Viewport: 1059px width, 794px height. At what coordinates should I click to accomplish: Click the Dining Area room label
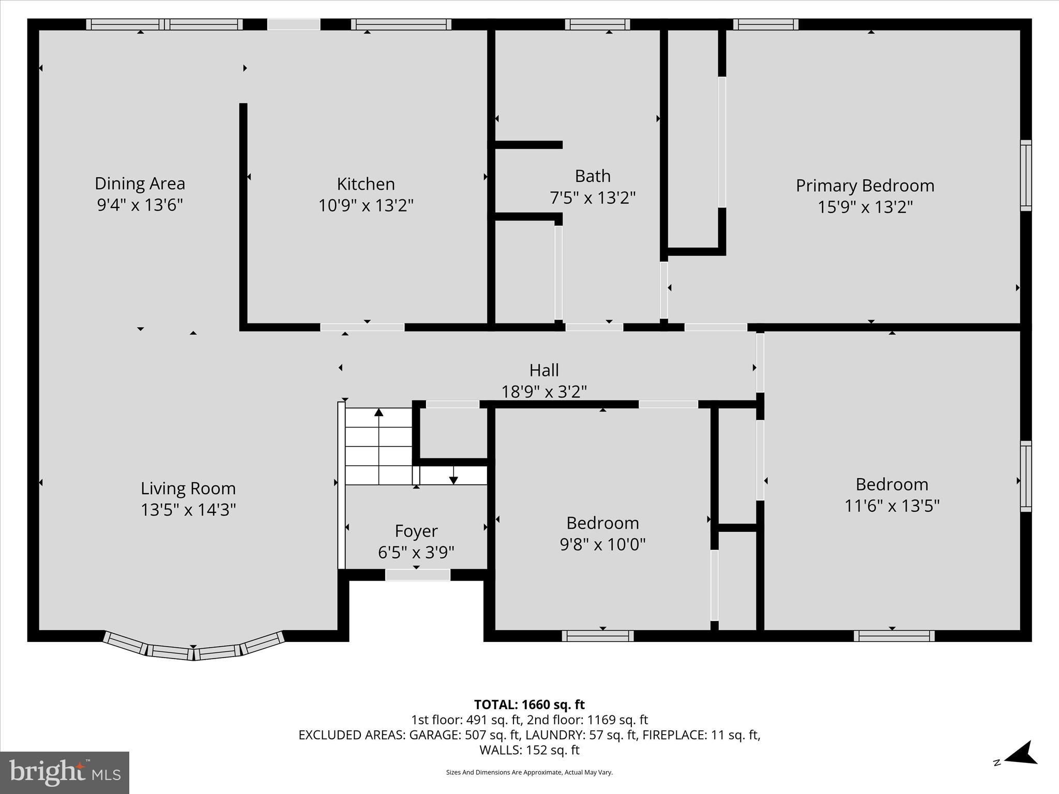tap(140, 184)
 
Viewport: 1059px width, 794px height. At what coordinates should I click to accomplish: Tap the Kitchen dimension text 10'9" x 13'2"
tap(366, 206)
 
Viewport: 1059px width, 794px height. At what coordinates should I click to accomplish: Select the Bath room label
tap(593, 176)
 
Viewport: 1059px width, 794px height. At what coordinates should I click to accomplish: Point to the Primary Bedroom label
tap(865, 186)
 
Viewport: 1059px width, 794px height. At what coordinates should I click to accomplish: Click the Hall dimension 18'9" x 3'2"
tap(544, 392)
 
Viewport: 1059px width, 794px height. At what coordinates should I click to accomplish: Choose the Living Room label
tap(188, 488)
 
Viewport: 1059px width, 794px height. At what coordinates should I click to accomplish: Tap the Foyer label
tap(416, 531)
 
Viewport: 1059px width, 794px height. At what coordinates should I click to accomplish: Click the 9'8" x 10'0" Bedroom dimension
tap(602, 544)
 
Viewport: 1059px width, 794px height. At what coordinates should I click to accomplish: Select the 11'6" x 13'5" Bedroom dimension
tap(891, 506)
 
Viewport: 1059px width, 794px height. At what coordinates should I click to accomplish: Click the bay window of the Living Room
tap(193, 650)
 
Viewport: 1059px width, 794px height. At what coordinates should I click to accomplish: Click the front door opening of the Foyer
tap(417, 575)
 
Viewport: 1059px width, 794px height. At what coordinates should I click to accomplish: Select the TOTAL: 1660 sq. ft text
tap(529, 705)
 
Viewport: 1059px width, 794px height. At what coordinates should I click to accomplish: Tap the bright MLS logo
tap(65, 772)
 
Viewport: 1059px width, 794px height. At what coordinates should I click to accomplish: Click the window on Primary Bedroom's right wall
tap(1025, 175)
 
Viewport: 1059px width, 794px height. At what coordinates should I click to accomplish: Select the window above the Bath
tap(597, 24)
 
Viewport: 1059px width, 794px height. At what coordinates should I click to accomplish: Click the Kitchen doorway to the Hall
tap(362, 327)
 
